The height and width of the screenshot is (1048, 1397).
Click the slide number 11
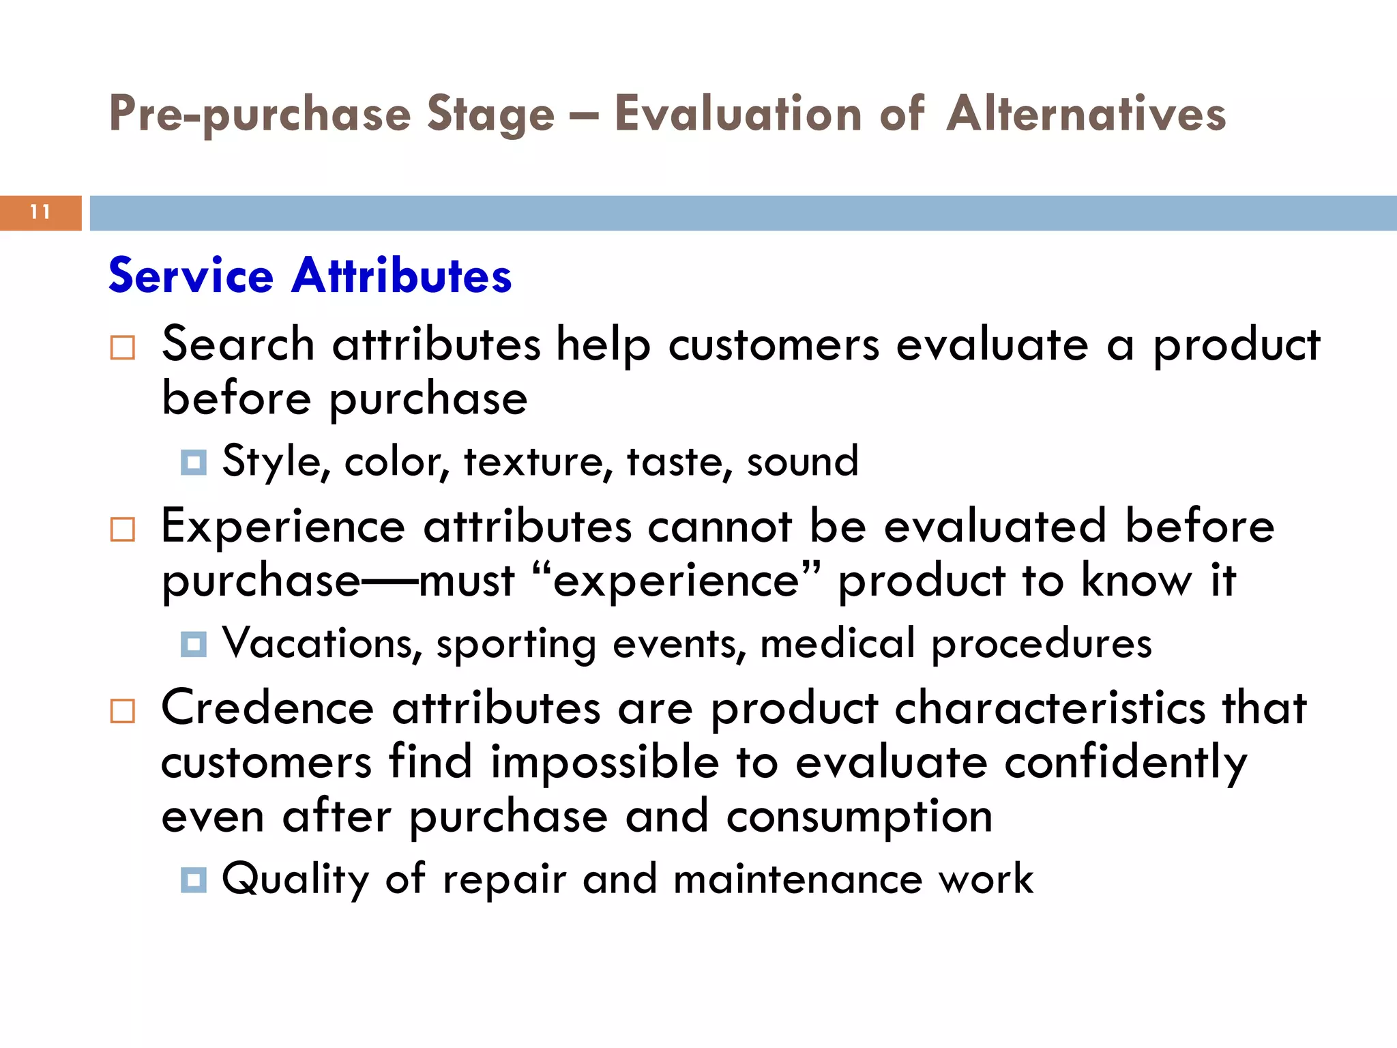click(x=40, y=212)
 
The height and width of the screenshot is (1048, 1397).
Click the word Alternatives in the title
click(x=1086, y=113)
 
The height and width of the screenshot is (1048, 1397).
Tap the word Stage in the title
click(x=490, y=115)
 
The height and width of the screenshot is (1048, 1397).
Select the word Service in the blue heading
click(x=191, y=276)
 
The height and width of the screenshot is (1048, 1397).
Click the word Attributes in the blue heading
click(x=402, y=276)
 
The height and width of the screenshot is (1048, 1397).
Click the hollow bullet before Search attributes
click(x=123, y=347)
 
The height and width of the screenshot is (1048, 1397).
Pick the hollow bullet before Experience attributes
click(x=123, y=529)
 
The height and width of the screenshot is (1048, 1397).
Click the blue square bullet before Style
click(x=194, y=463)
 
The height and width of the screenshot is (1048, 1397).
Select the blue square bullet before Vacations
click(x=194, y=644)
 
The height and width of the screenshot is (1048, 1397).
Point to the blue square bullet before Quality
click(x=194, y=879)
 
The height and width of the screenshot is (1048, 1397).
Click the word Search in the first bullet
click(x=238, y=344)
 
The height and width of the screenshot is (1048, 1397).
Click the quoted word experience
click(x=675, y=581)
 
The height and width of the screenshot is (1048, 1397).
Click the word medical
click(x=837, y=643)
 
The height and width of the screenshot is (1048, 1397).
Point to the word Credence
click(x=267, y=708)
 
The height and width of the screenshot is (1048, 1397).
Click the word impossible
click(x=605, y=763)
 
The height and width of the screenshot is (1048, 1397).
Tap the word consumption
click(x=859, y=817)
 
